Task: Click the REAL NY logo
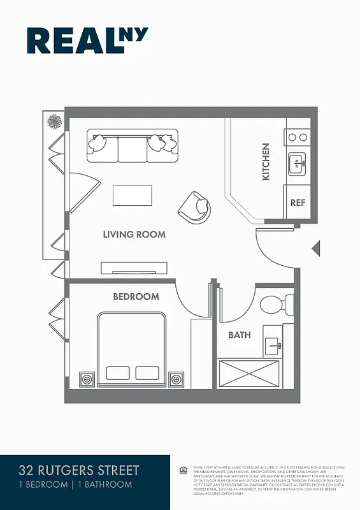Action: pos(87,40)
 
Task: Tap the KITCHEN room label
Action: pos(266,161)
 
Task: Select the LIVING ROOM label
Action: pos(134,235)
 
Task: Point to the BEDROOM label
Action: pos(136,296)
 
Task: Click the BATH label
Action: pos(240,335)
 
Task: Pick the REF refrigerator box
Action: pos(298,203)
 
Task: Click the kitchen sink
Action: pos(296,164)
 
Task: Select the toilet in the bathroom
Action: pos(274,304)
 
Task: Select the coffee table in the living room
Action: pos(133,195)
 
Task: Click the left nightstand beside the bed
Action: pos(86,379)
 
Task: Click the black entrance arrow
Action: pos(315,248)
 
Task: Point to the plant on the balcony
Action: pos(55,121)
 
